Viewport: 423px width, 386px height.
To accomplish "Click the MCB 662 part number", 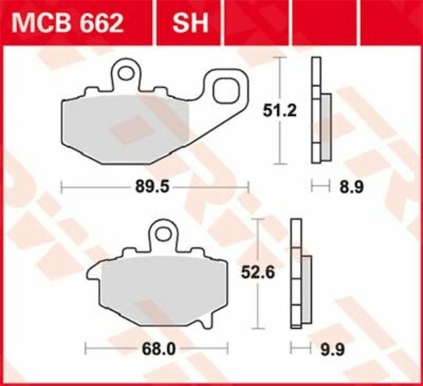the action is [67, 23].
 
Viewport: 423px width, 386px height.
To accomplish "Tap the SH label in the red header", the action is [190, 23].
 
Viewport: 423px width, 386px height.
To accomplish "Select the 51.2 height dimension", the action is [280, 110].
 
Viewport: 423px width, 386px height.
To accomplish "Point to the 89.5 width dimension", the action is [153, 187].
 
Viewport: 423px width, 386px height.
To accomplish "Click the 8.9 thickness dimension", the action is [352, 187].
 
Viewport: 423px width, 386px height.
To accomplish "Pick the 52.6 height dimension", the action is [258, 272].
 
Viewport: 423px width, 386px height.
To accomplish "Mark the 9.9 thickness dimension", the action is [332, 350].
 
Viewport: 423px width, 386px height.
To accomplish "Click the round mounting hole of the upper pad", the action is [126, 73].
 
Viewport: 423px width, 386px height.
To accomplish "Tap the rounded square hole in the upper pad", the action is [226, 91].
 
